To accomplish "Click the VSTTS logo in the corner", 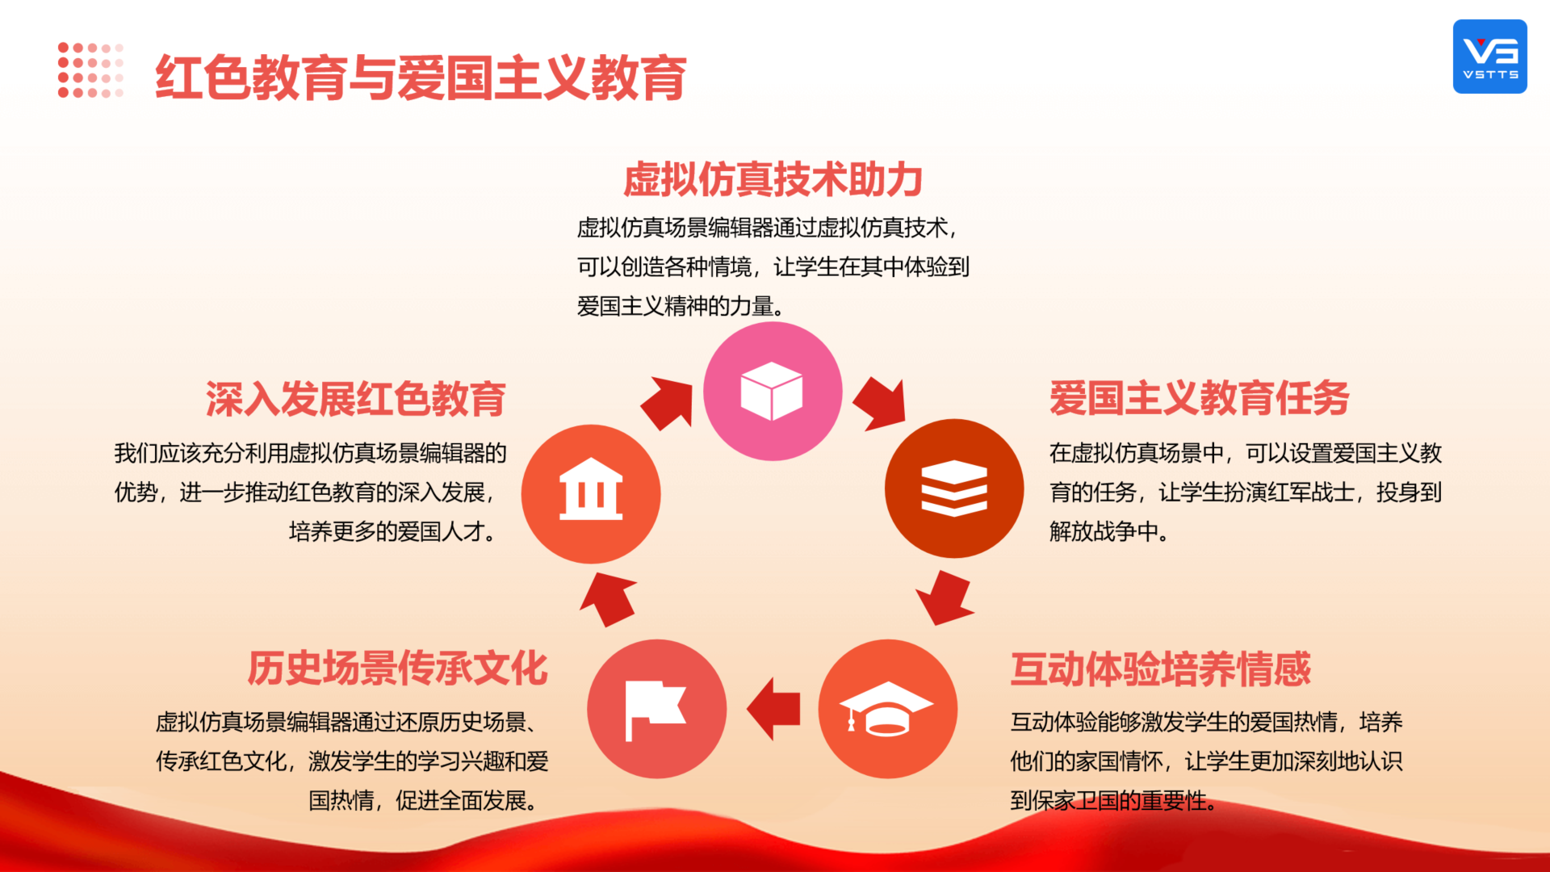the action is (x=1489, y=57).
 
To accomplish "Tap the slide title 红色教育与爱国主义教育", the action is (x=421, y=78).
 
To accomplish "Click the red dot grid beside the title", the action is (x=90, y=70).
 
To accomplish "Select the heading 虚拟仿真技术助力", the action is (x=773, y=179).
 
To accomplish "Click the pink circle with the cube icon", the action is (x=773, y=392).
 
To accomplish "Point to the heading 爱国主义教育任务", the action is (x=1200, y=398).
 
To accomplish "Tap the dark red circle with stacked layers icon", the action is (x=954, y=488).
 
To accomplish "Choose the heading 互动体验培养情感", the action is (x=1161, y=669).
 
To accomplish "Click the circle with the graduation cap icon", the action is (x=888, y=709).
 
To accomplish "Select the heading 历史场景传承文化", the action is (x=397, y=669).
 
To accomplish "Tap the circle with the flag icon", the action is (x=656, y=709).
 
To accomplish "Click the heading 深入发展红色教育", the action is (x=356, y=399).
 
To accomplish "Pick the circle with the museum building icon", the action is (x=591, y=494).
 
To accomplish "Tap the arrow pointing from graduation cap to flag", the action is (x=773, y=709).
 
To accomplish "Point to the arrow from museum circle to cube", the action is (x=668, y=403).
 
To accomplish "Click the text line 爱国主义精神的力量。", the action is (x=681, y=307).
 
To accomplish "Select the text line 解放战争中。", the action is (x=1109, y=531).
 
